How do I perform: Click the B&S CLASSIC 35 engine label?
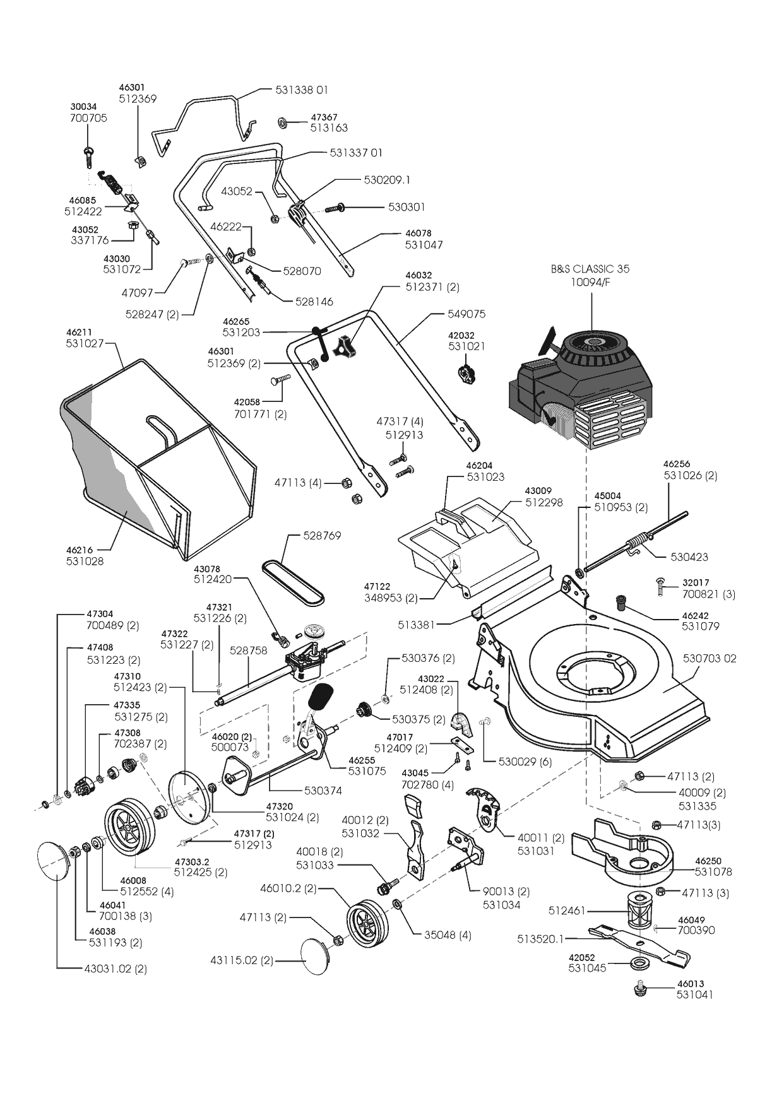pyautogui.click(x=590, y=269)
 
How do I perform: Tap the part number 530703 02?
pyautogui.click(x=710, y=659)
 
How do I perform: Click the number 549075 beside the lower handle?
pyautogui.click(x=466, y=314)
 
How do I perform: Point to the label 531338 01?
pyautogui.click(x=302, y=90)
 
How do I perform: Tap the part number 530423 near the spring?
pyautogui.click(x=689, y=557)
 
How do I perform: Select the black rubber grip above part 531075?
pyautogui.click(x=321, y=696)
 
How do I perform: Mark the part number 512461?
pyautogui.click(x=567, y=911)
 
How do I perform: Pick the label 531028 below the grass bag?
pyautogui.click(x=85, y=561)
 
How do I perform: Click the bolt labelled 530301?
pyautogui.click(x=335, y=207)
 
